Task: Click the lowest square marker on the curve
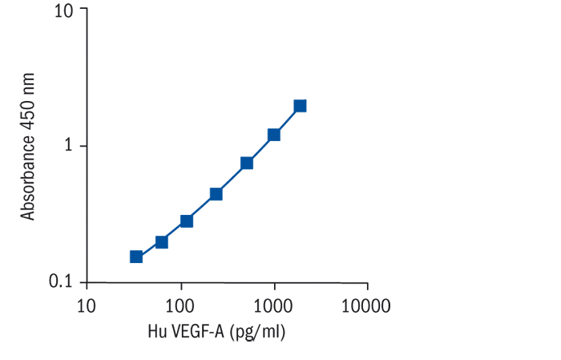[x=136, y=257]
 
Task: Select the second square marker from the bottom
[x=161, y=242]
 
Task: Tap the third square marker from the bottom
[x=186, y=221]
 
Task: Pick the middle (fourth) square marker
[x=216, y=194]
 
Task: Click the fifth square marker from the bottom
[x=247, y=163]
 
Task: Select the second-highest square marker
[x=274, y=135]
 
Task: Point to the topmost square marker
[x=300, y=106]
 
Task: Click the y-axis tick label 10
[x=64, y=11]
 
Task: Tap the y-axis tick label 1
[x=70, y=146]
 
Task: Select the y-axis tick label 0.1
[x=62, y=281]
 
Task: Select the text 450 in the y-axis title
[x=29, y=120]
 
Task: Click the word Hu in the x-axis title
[x=157, y=330]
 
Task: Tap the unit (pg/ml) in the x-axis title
[x=257, y=330]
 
